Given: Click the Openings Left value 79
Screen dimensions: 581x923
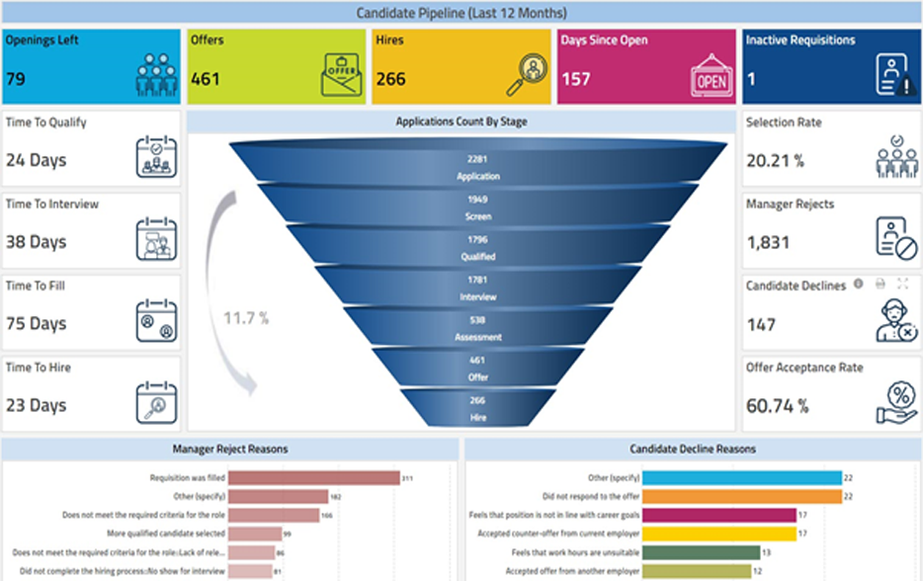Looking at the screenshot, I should point(16,79).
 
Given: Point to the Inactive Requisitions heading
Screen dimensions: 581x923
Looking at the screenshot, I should point(800,41).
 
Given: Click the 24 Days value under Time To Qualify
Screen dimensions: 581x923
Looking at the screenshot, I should point(36,160).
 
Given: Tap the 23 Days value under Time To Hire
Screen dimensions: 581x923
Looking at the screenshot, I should point(36,405).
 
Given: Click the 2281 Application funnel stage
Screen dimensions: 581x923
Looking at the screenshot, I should point(477,167).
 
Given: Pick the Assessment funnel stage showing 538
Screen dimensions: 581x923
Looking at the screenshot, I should point(477,328).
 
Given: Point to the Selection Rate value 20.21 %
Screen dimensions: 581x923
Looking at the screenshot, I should point(775,160).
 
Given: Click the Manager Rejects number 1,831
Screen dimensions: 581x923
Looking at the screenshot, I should point(767,242).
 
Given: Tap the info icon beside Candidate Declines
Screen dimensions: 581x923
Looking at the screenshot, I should point(858,284).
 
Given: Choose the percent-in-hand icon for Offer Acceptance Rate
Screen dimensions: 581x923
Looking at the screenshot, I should point(897,403).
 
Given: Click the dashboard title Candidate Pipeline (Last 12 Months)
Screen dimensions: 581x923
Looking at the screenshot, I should point(461,13).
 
